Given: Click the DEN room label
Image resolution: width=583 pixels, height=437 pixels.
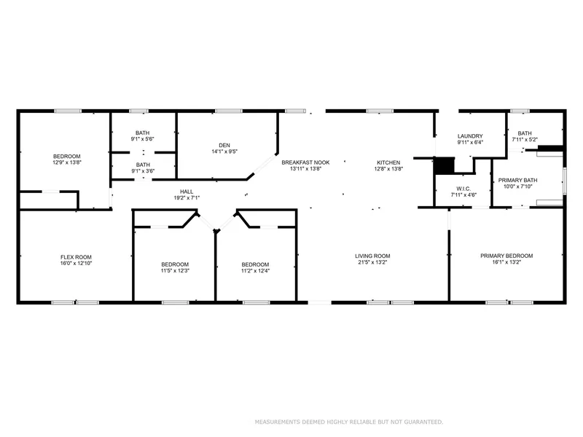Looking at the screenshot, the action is point(224,145).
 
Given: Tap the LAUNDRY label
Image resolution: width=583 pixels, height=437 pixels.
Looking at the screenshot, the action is point(470,136).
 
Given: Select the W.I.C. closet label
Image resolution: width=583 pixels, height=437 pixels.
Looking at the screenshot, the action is point(463,189).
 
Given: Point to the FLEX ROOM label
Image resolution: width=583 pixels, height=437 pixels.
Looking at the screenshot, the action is point(76,257).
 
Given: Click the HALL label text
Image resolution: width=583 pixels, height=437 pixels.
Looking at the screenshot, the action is point(187,192).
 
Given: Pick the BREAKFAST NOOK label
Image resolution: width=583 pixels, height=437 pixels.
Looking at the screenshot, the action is point(305,162).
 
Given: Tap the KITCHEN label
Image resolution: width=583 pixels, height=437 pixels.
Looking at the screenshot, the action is point(388,162).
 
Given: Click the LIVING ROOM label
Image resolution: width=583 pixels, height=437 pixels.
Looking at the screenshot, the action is point(372,256).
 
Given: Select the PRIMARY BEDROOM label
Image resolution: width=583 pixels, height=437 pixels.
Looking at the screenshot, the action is point(506,256).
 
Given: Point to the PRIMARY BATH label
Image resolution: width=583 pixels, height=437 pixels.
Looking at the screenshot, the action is point(517,180).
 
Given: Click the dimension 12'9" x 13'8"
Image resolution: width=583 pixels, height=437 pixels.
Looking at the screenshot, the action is point(67,162).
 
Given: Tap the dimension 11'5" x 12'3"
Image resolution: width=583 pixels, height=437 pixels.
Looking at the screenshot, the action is point(175,270).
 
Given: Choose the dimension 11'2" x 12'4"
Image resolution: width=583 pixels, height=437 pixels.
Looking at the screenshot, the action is point(255,270).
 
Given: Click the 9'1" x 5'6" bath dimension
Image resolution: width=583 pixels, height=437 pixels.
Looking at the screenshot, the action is point(142,139).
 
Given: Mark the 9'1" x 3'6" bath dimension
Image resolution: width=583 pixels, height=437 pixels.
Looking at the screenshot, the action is point(143,171).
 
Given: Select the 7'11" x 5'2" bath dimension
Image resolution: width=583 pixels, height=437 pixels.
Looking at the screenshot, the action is point(525,139).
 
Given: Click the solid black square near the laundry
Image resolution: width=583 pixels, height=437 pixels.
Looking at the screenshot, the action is point(445,166).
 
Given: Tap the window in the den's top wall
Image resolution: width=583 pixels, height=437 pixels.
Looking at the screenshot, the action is point(229,111).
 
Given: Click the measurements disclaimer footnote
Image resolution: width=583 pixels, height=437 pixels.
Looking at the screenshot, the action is point(349,422).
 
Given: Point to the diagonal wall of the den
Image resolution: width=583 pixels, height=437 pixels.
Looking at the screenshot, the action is point(262,167).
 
